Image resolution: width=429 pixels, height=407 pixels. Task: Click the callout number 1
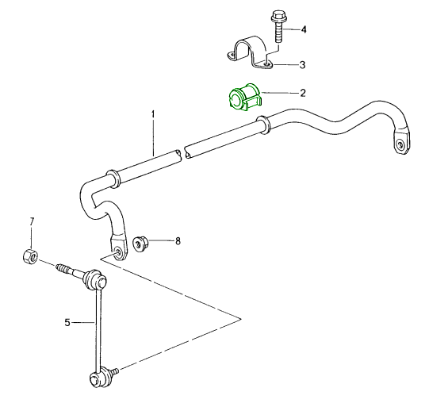[154, 116]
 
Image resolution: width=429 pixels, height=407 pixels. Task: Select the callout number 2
[302, 93]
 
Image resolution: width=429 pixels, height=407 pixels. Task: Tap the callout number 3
[302, 64]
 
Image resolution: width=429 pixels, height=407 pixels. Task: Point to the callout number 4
[303, 29]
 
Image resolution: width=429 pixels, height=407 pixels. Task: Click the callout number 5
[68, 322]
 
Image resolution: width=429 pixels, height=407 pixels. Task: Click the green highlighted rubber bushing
[244, 99]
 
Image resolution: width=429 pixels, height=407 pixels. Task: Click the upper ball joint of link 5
[94, 280]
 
